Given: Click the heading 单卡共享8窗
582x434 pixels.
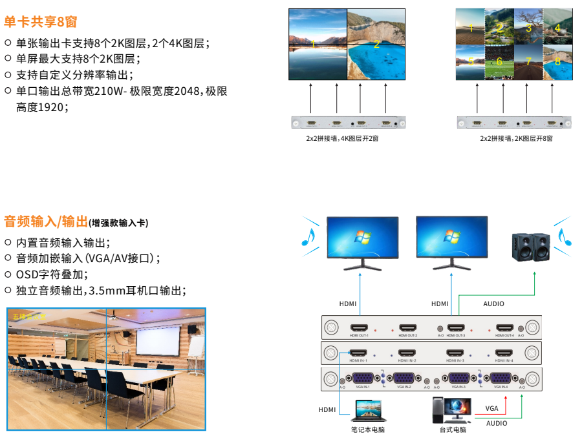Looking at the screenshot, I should pos(40,21).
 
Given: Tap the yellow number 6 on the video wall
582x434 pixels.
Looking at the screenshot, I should pos(499,61).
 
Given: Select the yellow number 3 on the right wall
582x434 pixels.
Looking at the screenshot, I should pos(528,28).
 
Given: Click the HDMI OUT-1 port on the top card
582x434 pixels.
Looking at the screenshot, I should pos(359,327).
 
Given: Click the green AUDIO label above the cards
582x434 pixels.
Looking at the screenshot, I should pos(493,304).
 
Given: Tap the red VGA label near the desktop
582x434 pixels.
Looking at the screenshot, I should pos(492,408).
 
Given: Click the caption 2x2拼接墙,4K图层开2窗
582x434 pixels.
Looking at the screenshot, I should pos(343,139).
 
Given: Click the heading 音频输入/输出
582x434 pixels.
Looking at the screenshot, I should pos(46,222).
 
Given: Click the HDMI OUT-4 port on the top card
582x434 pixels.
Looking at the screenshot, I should pos(504,327).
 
